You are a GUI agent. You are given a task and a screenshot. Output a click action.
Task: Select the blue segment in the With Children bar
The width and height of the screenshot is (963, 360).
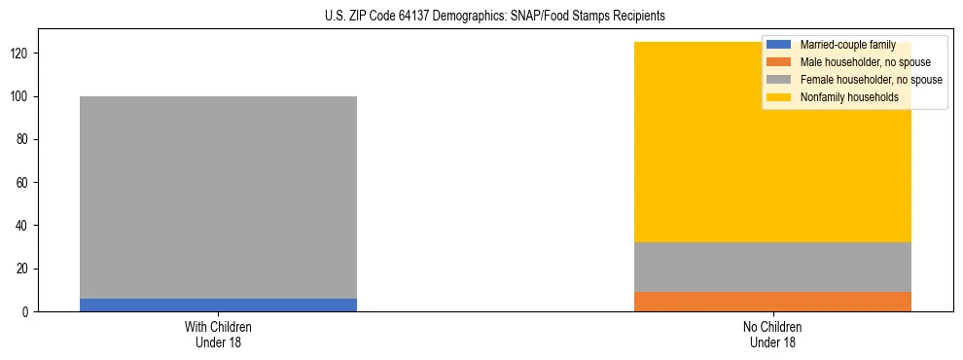coord(218,305)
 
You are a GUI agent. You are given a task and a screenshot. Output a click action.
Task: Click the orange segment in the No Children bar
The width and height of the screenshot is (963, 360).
coord(772,302)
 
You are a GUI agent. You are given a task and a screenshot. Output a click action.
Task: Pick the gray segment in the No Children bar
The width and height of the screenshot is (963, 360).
coord(772,267)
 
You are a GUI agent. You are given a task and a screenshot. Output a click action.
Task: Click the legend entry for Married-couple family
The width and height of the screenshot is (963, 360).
coord(847,45)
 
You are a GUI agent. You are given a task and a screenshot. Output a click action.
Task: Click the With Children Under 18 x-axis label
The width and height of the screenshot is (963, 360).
coord(218,334)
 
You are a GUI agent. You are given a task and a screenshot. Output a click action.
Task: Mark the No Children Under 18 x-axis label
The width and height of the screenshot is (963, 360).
coord(772,334)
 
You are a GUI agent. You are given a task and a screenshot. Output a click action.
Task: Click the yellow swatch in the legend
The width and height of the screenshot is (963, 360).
coord(779,97)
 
